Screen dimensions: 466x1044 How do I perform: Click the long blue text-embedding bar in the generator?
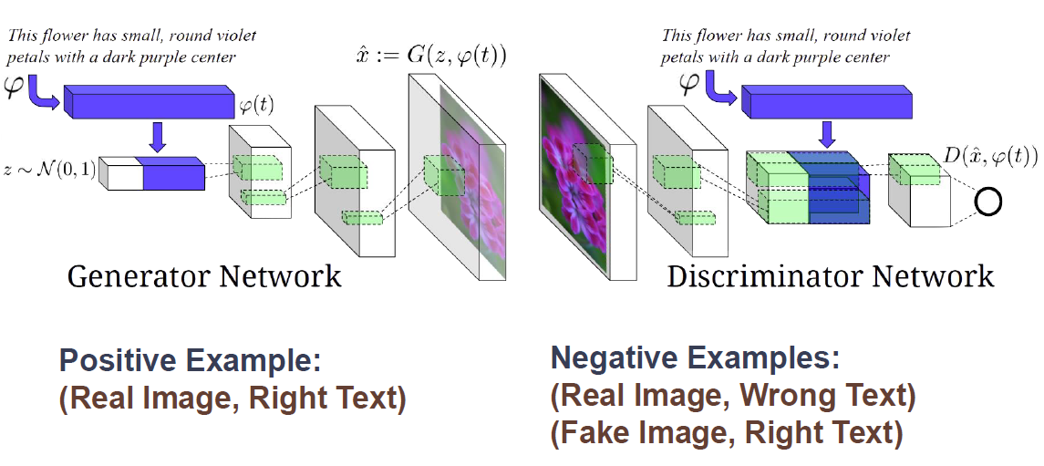pyautogui.click(x=147, y=99)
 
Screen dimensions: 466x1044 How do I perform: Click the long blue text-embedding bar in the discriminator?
pyautogui.click(x=825, y=100)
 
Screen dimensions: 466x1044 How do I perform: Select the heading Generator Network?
pyautogui.click(x=204, y=274)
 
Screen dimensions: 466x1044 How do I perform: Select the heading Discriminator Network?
pyautogui.click(x=830, y=274)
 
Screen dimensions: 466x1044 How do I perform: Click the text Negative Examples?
pyautogui.click(x=695, y=358)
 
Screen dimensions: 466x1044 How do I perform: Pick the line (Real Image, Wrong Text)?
pyautogui.click(x=733, y=396)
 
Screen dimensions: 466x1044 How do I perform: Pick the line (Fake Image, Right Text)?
pyautogui.click(x=727, y=433)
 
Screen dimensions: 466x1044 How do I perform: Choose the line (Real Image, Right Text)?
pyautogui.click(x=233, y=399)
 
